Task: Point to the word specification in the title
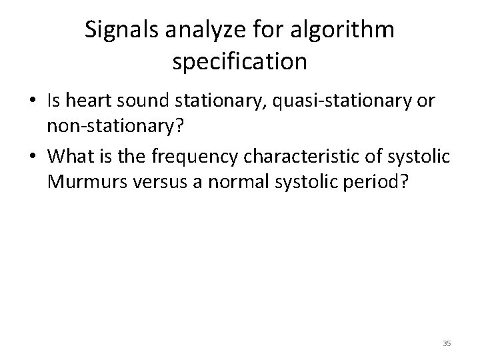pyautogui.click(x=239, y=62)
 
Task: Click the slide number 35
pyautogui.click(x=447, y=343)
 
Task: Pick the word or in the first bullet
pyautogui.click(x=427, y=102)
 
